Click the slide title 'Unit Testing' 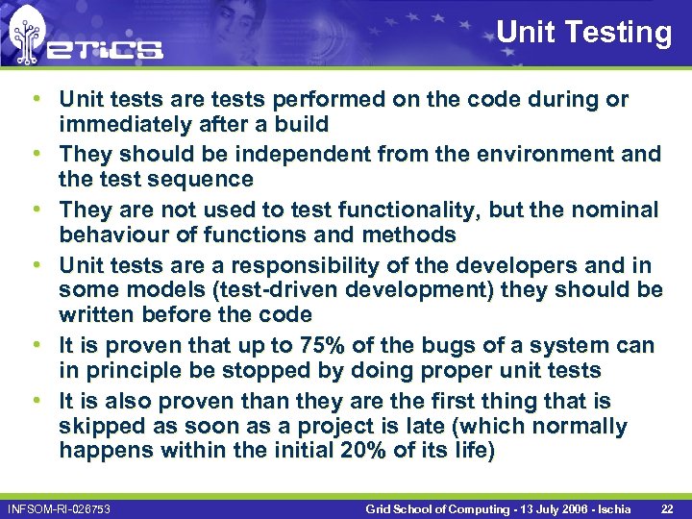(x=583, y=32)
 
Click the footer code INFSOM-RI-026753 (x=59, y=507)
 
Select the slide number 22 (x=667, y=507)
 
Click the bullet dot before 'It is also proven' (x=35, y=401)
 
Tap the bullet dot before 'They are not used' (x=35, y=210)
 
